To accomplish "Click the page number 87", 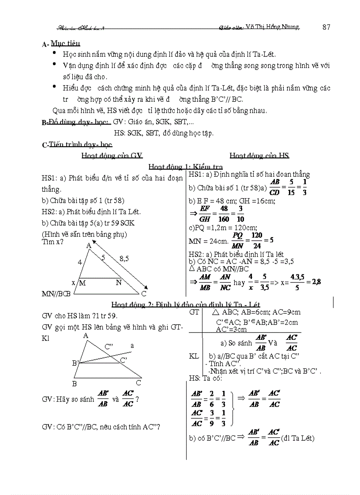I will pos(326,27).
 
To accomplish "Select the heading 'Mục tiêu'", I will pos(65,44).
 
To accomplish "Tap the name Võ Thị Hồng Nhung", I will pos(273,27).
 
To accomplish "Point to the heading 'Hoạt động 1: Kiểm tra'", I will pos(185,167).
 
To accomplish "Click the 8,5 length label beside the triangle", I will pos(124,259).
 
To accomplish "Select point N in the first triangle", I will pos(118,283).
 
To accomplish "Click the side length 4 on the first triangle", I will pos(80,262).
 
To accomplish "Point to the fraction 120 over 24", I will pos(257,240).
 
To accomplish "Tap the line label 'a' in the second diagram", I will pos(131,346).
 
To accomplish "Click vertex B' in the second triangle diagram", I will pos(75,363).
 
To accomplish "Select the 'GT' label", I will pos(194,312).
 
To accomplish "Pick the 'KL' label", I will pos(194,356).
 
